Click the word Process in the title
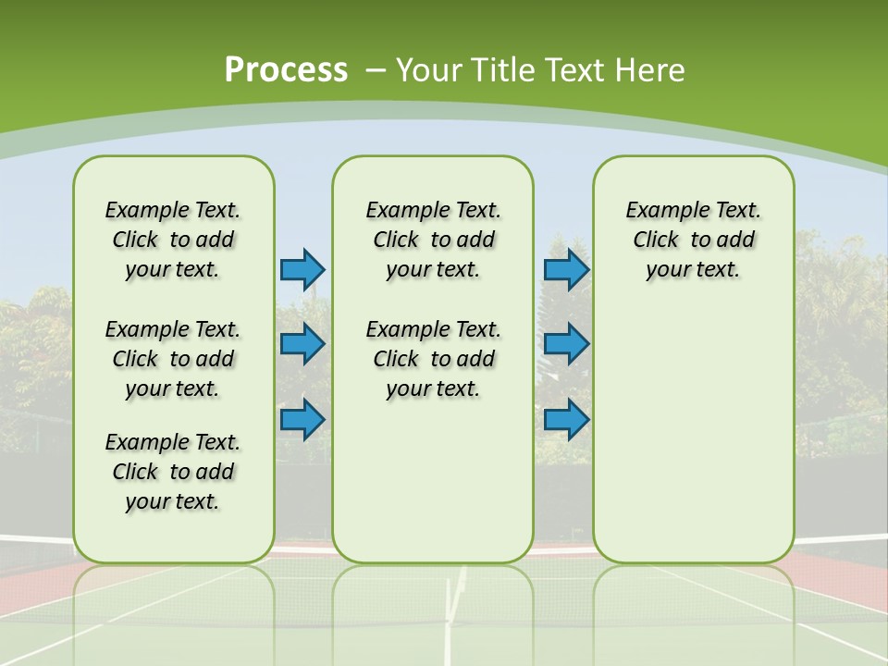[x=286, y=69]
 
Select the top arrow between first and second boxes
[x=302, y=269]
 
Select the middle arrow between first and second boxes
[x=302, y=344]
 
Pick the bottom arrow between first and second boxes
[x=302, y=419]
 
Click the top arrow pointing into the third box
[x=566, y=269]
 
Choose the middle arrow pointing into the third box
[x=566, y=344]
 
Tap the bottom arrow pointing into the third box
[x=566, y=419]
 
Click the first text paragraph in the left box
[x=173, y=240]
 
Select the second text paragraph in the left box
[x=173, y=359]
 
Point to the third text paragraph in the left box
[x=173, y=472]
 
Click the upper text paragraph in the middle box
[x=433, y=240]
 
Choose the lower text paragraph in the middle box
[x=433, y=359]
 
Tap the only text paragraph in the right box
[x=693, y=240]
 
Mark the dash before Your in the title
[x=376, y=70]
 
